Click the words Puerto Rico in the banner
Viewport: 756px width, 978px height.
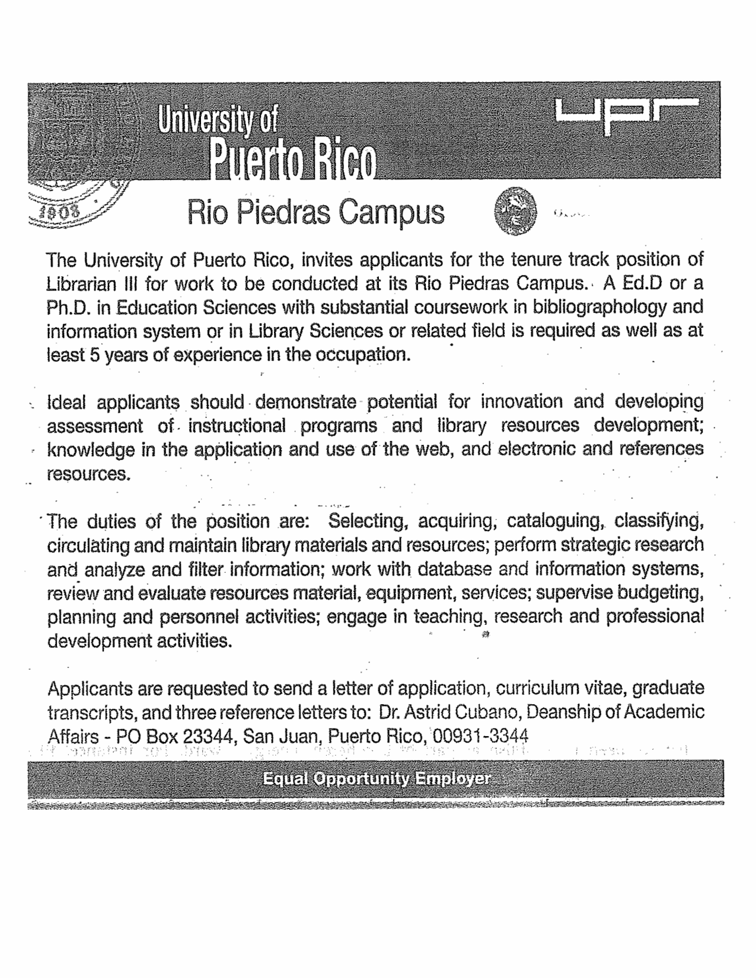[292, 158]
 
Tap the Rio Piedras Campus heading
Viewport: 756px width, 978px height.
[315, 212]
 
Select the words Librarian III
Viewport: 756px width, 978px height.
[91, 283]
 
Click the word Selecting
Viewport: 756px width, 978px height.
[366, 522]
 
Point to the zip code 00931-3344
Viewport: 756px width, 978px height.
[480, 737]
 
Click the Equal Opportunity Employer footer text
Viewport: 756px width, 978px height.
[377, 778]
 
